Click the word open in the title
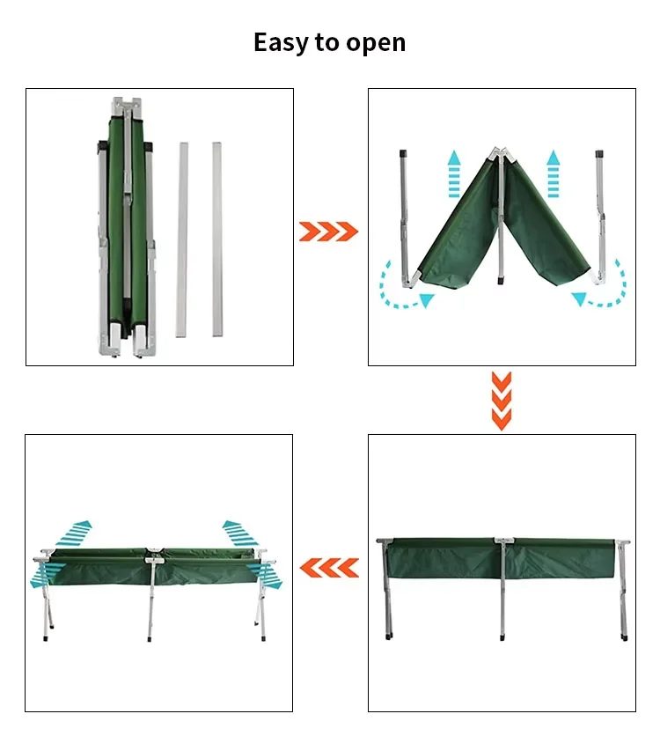pyautogui.click(x=376, y=45)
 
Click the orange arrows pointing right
pyautogui.click(x=328, y=232)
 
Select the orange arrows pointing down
pyautogui.click(x=502, y=401)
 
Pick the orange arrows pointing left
pyautogui.click(x=329, y=568)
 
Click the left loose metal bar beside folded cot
pyautogui.click(x=182, y=239)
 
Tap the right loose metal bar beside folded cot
pyautogui.click(x=216, y=239)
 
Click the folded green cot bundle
pyautogui.click(x=127, y=227)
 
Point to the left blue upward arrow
pyautogui.click(x=453, y=173)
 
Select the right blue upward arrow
pyautogui.click(x=554, y=173)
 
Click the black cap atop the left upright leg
pyautogui.click(x=403, y=153)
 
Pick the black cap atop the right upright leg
pyautogui.click(x=599, y=154)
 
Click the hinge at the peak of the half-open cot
pyautogui.click(x=500, y=154)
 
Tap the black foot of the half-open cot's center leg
pyautogui.click(x=501, y=280)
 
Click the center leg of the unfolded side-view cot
pyautogui.click(x=502, y=591)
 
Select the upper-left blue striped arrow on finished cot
pyautogui.click(x=74, y=534)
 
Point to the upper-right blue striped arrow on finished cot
pyautogui.click(x=239, y=534)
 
